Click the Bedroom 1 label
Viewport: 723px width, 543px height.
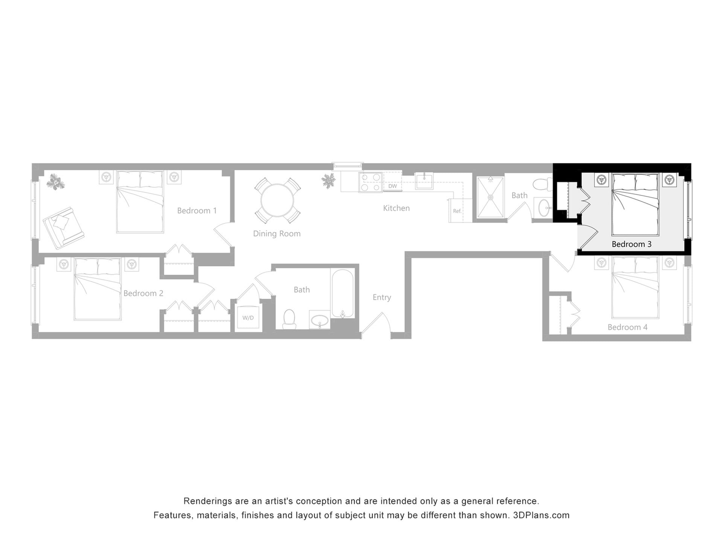[197, 211]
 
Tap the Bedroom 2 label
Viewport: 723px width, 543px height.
[143, 293]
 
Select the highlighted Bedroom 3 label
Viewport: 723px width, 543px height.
[631, 244]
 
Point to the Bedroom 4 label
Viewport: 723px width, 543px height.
[627, 327]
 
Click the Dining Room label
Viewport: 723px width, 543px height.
[277, 234]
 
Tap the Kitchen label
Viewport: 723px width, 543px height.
[396, 208]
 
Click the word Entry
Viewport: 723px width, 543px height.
[382, 298]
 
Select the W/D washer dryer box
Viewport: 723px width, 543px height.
[248, 318]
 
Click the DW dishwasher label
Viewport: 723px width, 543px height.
[392, 186]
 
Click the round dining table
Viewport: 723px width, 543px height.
[278, 200]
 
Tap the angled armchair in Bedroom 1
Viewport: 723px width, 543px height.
[63, 228]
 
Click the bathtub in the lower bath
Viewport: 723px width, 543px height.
[342, 293]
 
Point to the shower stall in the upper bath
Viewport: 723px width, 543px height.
[490, 197]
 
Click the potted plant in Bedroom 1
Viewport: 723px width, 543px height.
[55, 182]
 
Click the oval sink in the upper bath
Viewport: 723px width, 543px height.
[544, 208]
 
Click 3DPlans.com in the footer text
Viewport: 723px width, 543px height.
[541, 515]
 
